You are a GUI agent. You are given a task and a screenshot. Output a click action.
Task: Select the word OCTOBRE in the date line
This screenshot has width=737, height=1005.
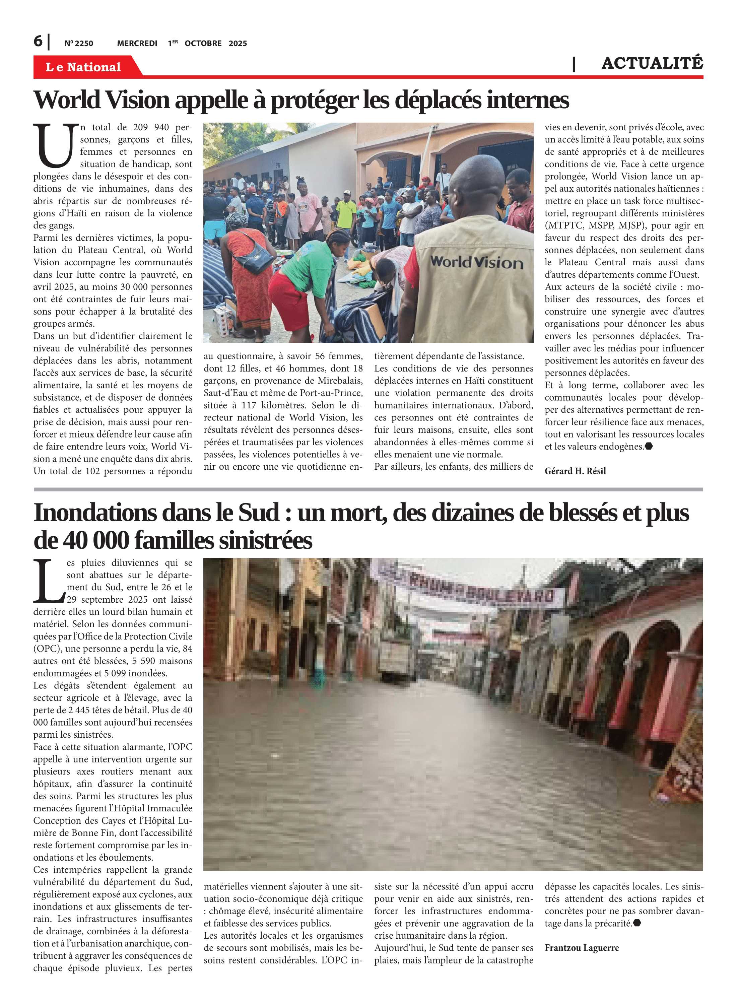click(x=203, y=44)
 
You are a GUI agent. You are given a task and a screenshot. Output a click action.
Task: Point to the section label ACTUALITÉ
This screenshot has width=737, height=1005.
click(x=652, y=63)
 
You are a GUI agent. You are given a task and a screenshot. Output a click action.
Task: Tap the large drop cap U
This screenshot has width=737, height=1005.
click(x=55, y=145)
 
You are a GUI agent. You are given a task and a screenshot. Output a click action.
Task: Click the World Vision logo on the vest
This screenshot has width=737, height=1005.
click(x=476, y=262)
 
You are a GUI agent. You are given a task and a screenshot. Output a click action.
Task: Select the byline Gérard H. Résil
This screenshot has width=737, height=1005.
click(x=575, y=471)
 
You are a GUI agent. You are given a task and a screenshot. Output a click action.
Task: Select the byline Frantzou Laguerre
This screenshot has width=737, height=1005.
click(x=581, y=948)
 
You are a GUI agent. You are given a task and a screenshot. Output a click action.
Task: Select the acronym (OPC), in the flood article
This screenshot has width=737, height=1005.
click(x=49, y=649)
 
